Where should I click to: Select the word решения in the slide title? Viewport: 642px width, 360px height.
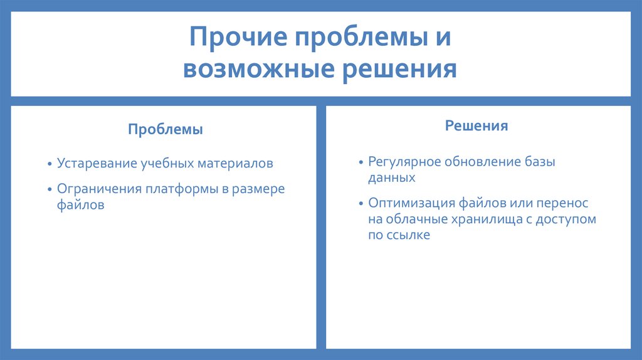coord(398,69)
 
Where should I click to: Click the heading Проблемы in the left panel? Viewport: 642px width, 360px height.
coord(166,130)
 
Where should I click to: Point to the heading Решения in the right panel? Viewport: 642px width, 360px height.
coord(476,125)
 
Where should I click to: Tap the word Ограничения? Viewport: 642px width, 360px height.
coord(100,189)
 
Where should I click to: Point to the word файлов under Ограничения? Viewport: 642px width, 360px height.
coord(80,204)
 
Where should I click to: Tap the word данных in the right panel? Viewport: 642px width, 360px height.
coord(392,177)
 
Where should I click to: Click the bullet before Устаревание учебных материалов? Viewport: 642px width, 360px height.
coord(50,164)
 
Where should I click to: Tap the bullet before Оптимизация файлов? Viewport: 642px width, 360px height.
coord(361,204)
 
